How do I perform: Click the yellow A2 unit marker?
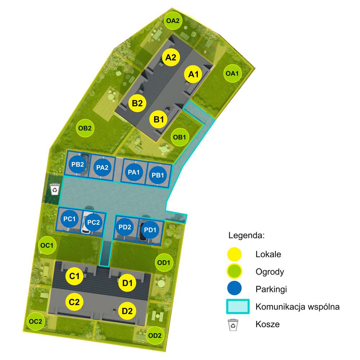[171, 57]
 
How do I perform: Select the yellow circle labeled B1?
[159, 120]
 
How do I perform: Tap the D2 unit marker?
[127, 311]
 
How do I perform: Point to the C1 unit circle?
[74, 276]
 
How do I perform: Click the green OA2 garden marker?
[173, 21]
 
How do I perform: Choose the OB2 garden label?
[85, 128]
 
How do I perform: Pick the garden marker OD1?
[163, 262]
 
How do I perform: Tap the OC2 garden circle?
[36, 321]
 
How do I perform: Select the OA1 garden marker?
[232, 73]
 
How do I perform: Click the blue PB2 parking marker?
[78, 165]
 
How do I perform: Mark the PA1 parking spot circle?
[134, 172]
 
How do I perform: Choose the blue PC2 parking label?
[94, 222]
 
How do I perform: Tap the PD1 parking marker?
[150, 230]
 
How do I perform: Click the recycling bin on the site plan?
[55, 189]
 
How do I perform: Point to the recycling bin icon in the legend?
[233, 325]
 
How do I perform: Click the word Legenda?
[246, 235]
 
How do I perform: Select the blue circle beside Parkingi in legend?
[234, 288]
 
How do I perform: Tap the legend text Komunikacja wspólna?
[298, 307]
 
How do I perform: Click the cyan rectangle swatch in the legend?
[238, 306]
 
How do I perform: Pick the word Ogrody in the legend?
[270, 272]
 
